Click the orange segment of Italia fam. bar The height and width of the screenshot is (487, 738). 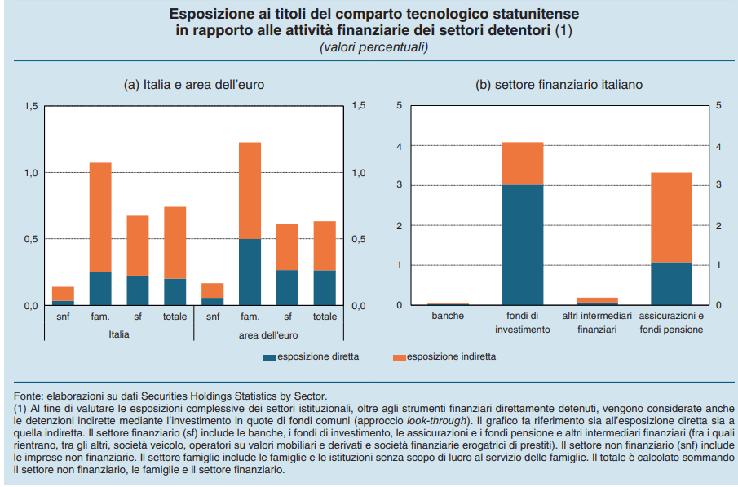point(100,218)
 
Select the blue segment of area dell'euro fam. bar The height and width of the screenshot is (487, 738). point(250,272)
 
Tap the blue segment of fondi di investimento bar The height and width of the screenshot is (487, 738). point(523,245)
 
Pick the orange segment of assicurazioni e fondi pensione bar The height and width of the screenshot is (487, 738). point(672,218)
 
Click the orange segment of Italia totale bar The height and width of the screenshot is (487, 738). point(175,243)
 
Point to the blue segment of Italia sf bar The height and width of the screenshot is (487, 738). point(138,290)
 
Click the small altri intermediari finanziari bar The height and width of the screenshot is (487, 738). point(597,302)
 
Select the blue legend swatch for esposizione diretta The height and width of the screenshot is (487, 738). point(270,357)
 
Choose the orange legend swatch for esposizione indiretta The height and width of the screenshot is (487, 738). point(399,357)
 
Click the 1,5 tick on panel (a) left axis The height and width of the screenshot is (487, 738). point(31,106)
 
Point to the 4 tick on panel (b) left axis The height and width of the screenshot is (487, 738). point(400,147)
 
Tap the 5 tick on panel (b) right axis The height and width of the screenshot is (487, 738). point(718,105)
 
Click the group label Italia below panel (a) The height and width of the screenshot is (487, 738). point(118,334)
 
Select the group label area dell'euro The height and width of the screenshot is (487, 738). point(268,335)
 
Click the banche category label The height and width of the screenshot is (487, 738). point(448,316)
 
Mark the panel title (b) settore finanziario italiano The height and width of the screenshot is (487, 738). point(559,85)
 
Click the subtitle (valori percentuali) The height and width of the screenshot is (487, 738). point(374,47)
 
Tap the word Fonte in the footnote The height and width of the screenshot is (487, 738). point(27,396)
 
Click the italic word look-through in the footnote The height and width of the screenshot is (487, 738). point(436,421)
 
